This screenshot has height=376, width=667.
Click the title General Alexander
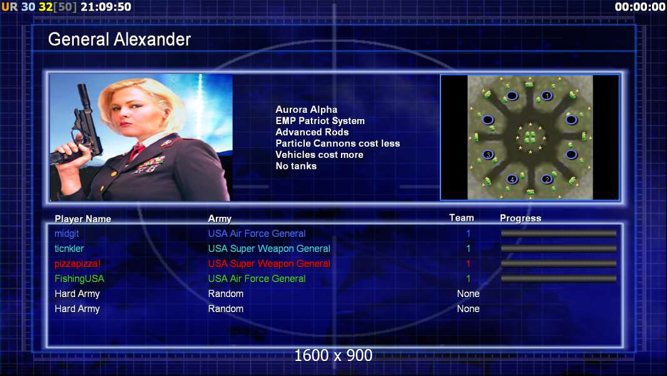tap(119, 39)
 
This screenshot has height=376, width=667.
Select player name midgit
tap(67, 234)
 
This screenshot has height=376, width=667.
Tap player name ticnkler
tap(69, 249)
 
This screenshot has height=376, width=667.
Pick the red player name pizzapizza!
tap(78, 264)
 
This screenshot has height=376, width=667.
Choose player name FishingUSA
tap(79, 279)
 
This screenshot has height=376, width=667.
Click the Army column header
tap(220, 219)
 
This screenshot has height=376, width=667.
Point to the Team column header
tap(462, 218)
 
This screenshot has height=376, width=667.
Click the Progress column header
tap(521, 218)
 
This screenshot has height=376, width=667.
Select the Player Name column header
tap(83, 219)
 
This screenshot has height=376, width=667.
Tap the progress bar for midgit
tap(559, 233)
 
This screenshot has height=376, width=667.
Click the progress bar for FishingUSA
tap(559, 279)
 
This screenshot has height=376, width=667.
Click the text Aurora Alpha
tap(306, 110)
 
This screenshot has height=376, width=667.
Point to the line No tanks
tap(296, 166)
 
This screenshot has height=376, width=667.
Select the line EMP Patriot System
tap(320, 121)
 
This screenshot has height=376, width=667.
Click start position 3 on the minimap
tap(488, 155)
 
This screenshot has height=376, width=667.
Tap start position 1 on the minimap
tap(547, 96)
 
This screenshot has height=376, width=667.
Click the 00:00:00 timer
tap(639, 7)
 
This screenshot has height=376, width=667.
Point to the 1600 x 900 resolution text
tap(333, 355)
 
